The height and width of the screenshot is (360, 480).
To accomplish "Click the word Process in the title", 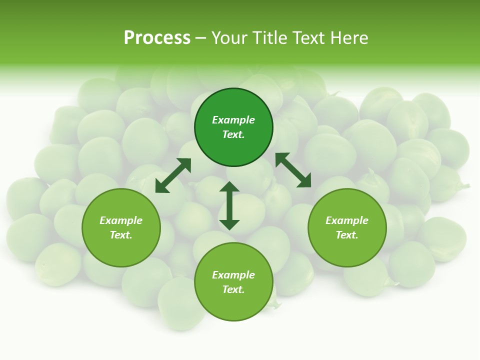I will [157, 38].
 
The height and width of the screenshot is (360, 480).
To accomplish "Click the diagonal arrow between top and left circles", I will [173, 175].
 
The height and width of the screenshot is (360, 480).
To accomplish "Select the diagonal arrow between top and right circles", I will [293, 170].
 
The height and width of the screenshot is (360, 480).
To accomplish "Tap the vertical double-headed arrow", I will [229, 205].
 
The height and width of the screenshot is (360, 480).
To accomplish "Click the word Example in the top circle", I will [233, 120].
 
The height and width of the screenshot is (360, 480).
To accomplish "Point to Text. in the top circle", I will [233, 134].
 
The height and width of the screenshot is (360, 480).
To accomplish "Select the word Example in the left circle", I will [121, 220].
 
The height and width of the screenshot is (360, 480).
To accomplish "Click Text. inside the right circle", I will [347, 235].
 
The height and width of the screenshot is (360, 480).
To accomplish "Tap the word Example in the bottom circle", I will [233, 275].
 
